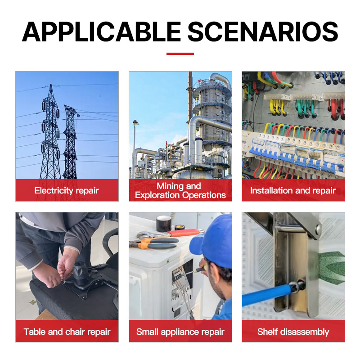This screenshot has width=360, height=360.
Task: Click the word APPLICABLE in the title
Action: click(101, 31)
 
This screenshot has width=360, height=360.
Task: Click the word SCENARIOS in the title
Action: click(263, 31)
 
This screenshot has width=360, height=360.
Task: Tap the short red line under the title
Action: click(180, 54)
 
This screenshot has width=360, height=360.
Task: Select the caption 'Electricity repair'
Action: click(67, 190)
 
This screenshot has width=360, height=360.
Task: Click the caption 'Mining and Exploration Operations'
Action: click(180, 190)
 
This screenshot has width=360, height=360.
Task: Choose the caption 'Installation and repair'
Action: click(293, 190)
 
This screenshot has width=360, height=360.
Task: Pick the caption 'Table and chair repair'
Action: click(67, 332)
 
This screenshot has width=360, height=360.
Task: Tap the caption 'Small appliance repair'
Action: click(180, 332)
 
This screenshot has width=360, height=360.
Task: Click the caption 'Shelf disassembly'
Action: click(293, 332)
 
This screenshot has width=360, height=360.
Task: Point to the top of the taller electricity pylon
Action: click(51, 85)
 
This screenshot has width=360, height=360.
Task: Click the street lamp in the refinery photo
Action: click(135, 147)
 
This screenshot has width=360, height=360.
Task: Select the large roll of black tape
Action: click(164, 223)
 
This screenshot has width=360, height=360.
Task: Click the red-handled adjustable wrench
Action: click(170, 233)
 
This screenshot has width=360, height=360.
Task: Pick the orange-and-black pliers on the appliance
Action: click(154, 243)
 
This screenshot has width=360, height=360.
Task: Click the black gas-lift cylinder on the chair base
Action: click(80, 273)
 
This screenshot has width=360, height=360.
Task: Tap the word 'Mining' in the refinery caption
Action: click(171, 186)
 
